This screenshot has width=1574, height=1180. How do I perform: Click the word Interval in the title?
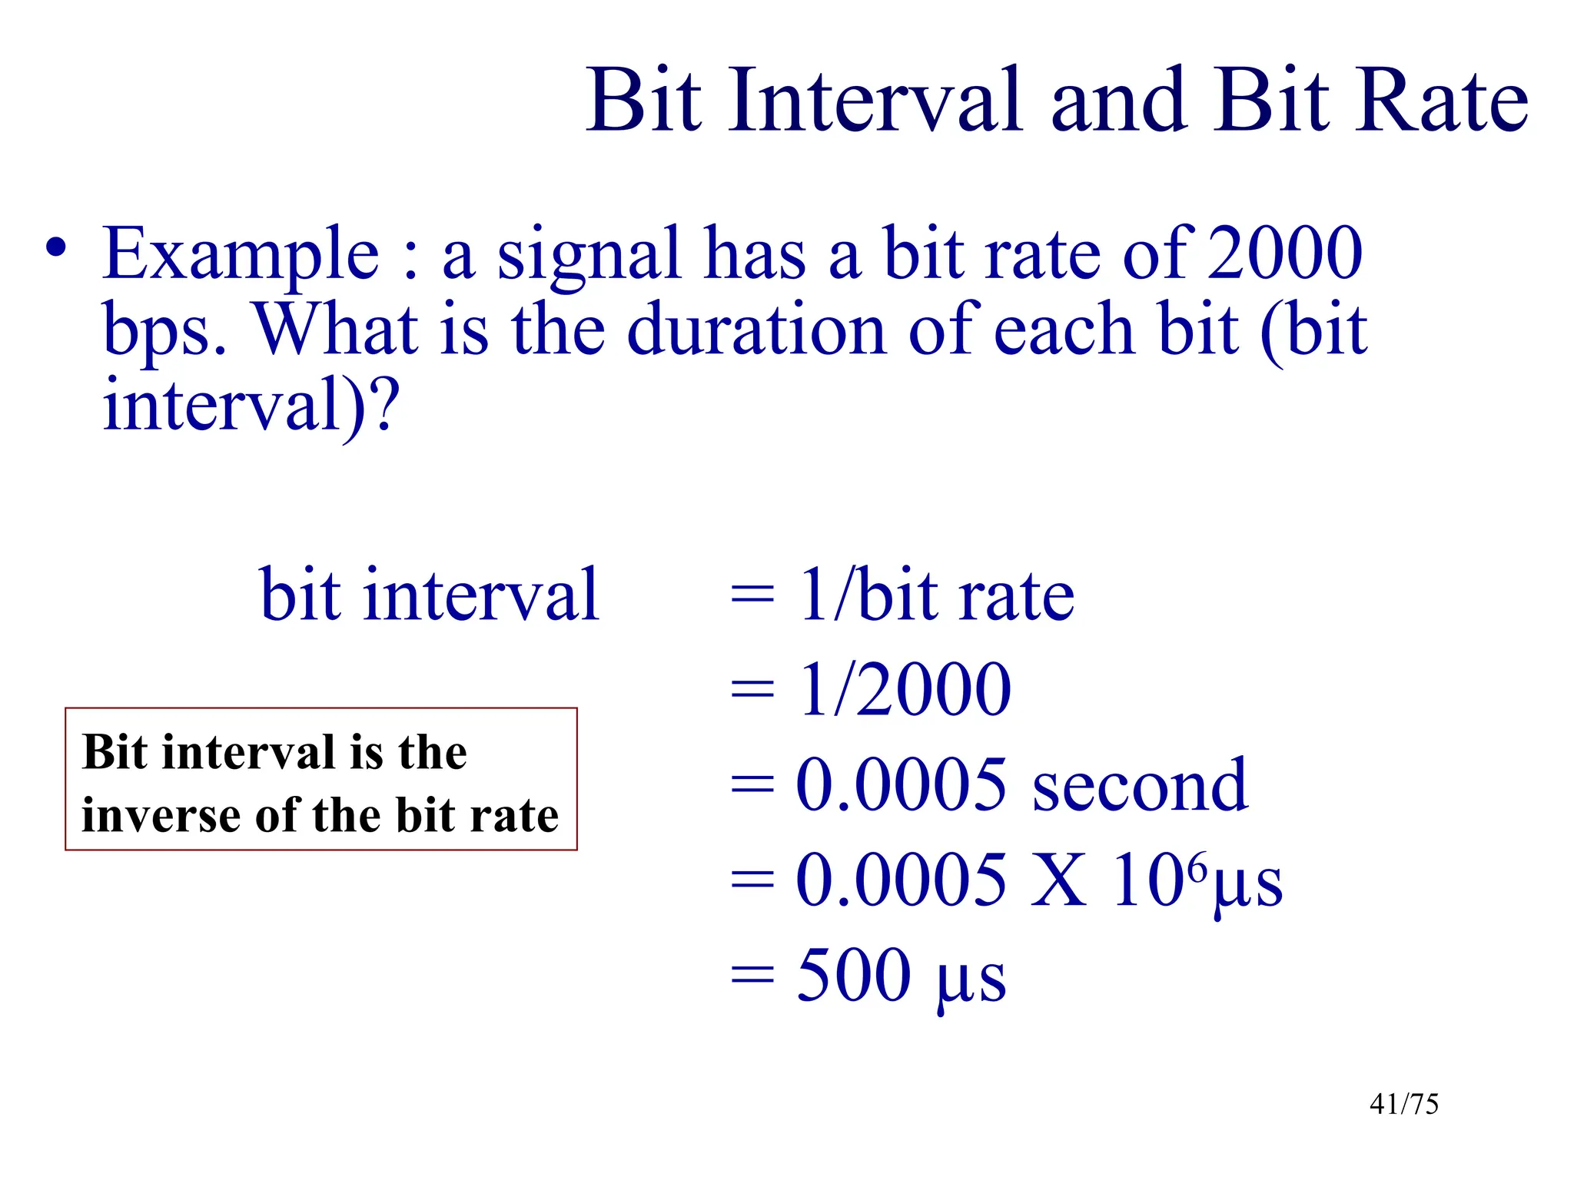[x=876, y=101]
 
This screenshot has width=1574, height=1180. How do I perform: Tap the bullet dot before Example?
[x=55, y=248]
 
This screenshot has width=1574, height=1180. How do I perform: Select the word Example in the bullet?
[x=241, y=255]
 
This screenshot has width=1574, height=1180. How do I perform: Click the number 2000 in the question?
[x=1285, y=254]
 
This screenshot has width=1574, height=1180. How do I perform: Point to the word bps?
[x=163, y=332]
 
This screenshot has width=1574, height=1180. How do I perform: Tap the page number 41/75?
[x=1403, y=1104]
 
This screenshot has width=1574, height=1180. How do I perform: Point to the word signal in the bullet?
[x=589, y=255]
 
